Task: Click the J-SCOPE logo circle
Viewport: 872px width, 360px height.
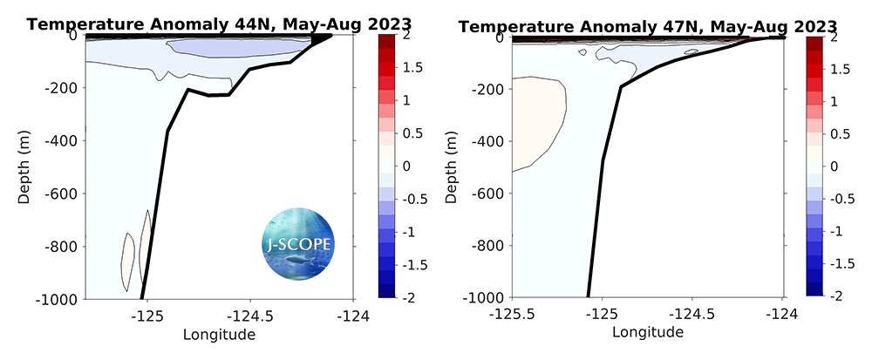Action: tap(296, 241)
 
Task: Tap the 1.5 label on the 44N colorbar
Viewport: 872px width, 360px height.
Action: tap(403, 67)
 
